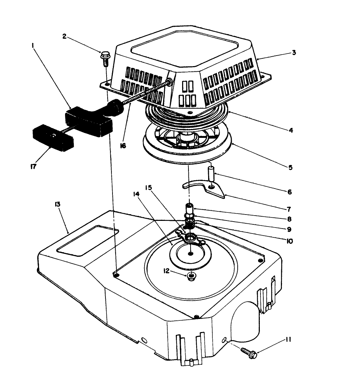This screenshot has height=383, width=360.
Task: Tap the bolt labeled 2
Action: pyautogui.click(x=105, y=58)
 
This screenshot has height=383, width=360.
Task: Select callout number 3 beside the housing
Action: pyautogui.click(x=294, y=53)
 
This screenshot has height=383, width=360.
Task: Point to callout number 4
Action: pyautogui.click(x=291, y=130)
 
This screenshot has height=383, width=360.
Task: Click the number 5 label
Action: pyautogui.click(x=291, y=167)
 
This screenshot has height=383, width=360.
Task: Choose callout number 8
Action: pyautogui.click(x=289, y=218)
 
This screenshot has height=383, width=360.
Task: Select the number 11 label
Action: pyautogui.click(x=288, y=340)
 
